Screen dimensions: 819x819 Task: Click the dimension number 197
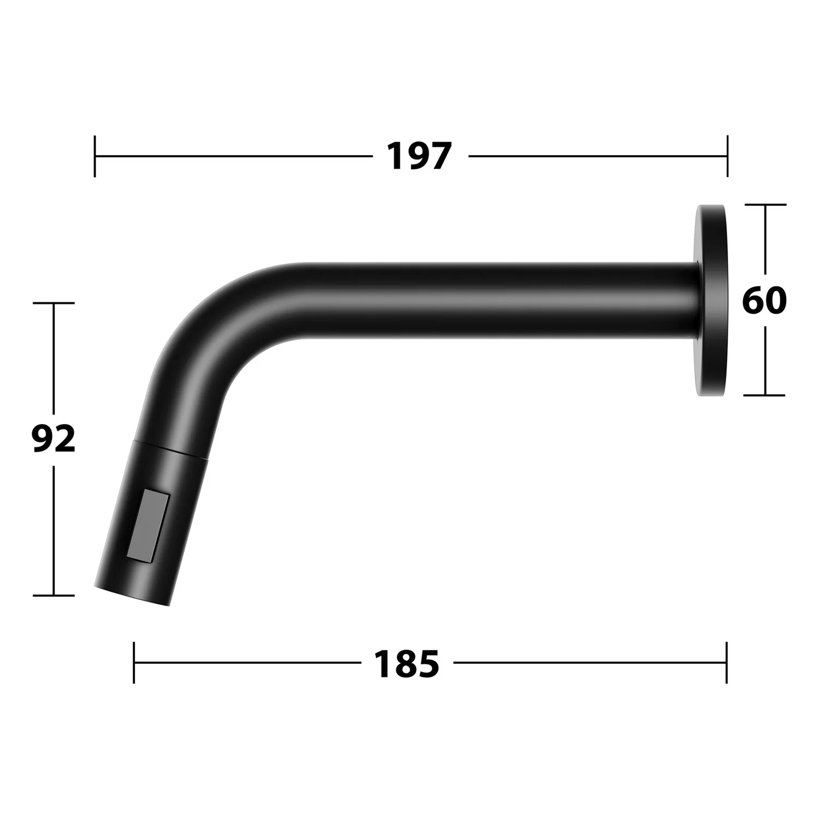tap(419, 156)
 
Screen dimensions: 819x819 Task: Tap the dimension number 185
tap(406, 663)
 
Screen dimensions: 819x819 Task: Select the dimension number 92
tap(54, 440)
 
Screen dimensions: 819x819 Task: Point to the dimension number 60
tap(764, 300)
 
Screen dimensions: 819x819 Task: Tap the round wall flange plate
tap(711, 300)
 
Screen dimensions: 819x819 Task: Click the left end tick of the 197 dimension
tap(95, 156)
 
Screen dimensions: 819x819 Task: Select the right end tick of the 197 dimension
tap(727, 156)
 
